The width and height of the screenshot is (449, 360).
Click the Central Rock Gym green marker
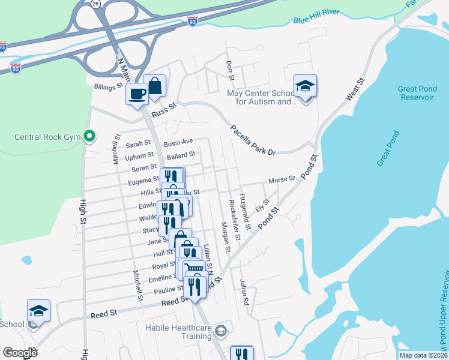pos(89,137)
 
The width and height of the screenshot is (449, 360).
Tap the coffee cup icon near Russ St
pos(137,94)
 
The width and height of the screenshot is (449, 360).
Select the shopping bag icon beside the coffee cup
pos(154,85)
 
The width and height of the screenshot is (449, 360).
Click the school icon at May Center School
pos(305,86)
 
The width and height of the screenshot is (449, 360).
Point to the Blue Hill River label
pos(316,17)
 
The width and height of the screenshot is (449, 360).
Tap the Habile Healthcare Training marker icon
pos(221,330)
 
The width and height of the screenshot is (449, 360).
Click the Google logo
pos(20,353)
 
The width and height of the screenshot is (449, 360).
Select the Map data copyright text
pos(424,355)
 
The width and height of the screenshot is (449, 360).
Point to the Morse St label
pos(282,179)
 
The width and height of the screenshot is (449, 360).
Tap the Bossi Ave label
pos(178,142)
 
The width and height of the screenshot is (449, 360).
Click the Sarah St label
pos(138,144)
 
